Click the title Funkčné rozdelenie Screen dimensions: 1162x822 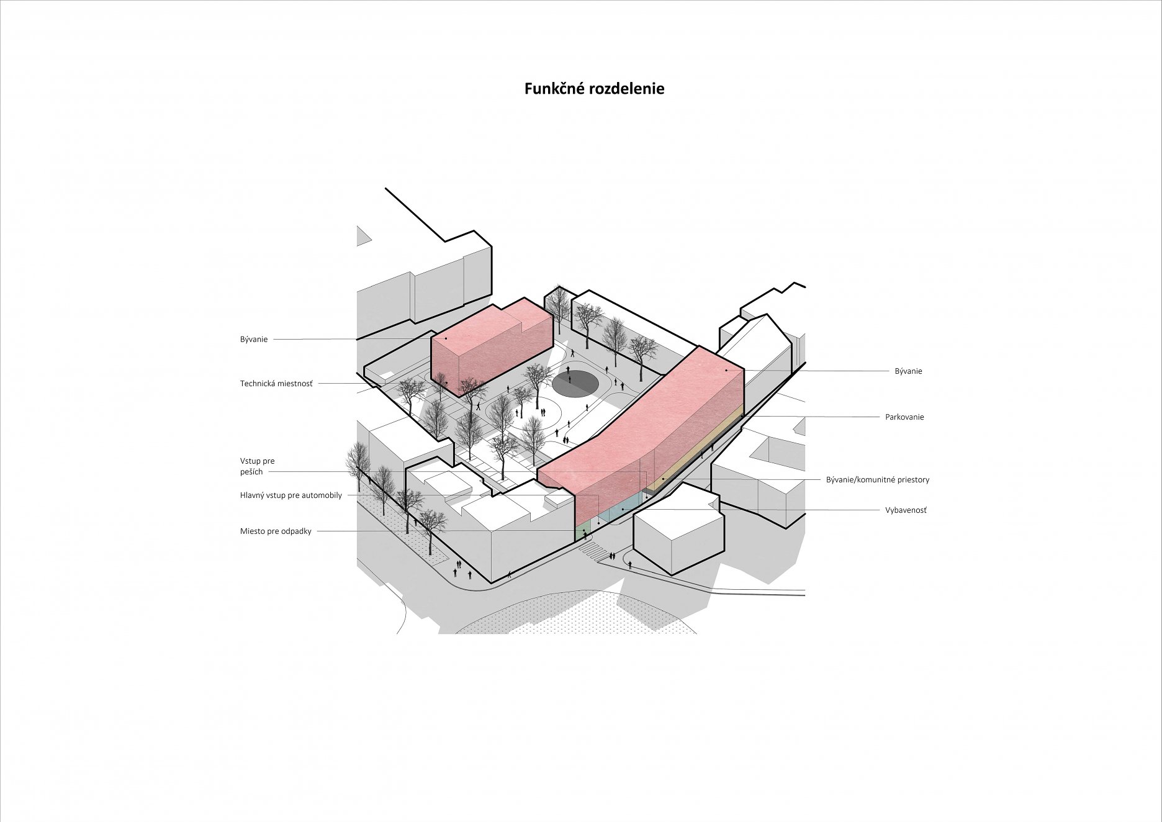(594, 89)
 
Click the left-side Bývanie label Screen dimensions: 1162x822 (254, 340)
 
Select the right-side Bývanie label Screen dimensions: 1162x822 (908, 371)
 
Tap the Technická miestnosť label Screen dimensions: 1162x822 (276, 384)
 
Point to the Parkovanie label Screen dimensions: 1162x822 (904, 417)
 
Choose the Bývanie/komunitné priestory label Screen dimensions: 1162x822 (877, 480)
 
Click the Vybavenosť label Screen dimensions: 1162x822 (906, 510)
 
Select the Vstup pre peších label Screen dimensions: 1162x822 (257, 466)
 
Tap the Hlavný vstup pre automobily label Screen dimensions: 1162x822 (290, 495)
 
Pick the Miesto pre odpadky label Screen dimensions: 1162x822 (276, 531)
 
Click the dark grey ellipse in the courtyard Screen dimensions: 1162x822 (575, 383)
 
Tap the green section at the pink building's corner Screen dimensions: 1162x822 (583, 532)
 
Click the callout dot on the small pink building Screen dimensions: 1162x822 (446, 338)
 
